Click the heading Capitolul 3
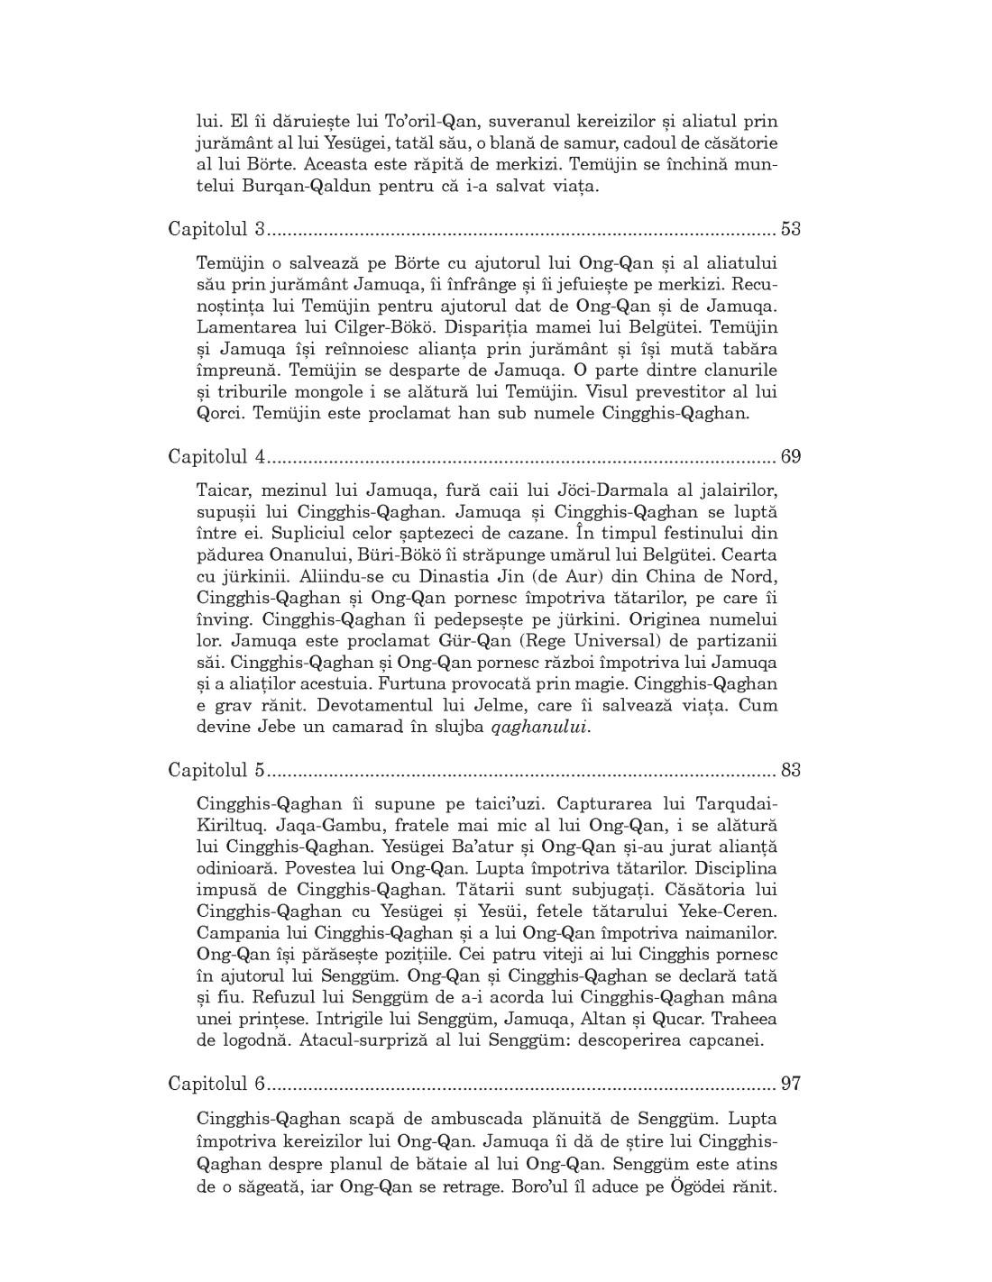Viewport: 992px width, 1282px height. click(x=216, y=229)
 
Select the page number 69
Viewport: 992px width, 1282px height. click(x=790, y=457)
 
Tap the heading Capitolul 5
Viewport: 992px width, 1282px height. click(x=216, y=771)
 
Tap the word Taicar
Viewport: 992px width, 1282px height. click(x=223, y=490)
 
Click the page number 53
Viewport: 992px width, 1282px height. click(x=790, y=229)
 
